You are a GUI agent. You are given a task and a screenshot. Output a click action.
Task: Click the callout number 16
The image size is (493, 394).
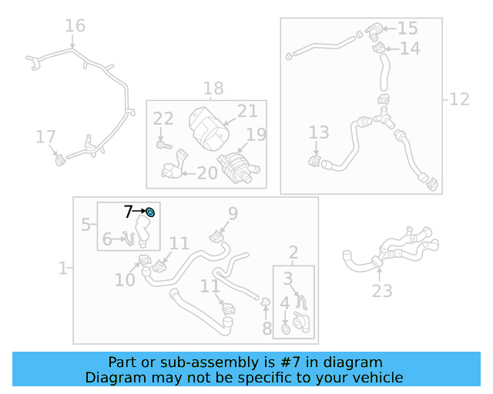point(75,26)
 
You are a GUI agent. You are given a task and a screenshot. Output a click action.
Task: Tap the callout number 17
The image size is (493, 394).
point(46,137)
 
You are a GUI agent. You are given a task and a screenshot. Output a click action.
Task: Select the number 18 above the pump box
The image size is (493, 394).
point(213,88)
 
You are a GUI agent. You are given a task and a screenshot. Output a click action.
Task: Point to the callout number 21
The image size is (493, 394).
point(246,111)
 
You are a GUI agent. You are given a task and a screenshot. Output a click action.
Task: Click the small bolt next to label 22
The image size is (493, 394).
point(162,143)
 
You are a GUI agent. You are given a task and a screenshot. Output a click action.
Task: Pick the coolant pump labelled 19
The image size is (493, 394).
point(235,166)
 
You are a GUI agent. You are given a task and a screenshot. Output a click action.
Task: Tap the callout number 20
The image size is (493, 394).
point(206,173)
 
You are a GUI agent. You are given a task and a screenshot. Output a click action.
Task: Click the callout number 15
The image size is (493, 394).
point(407,28)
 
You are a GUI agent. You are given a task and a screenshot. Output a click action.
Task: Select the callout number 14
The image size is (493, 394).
point(410,48)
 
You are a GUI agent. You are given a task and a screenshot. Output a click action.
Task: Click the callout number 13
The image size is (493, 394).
point(319,133)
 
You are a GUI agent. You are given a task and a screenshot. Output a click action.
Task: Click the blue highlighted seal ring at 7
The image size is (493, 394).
point(150,212)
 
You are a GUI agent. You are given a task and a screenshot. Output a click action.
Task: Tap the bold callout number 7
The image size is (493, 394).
point(128,211)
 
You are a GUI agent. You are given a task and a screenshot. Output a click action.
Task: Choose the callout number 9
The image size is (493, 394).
point(232,213)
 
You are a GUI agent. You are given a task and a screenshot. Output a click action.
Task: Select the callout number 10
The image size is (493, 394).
point(125,281)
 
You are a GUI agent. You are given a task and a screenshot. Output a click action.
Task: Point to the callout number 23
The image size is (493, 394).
point(382,290)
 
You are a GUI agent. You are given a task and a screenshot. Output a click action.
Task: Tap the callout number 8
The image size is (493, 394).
point(267,329)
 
